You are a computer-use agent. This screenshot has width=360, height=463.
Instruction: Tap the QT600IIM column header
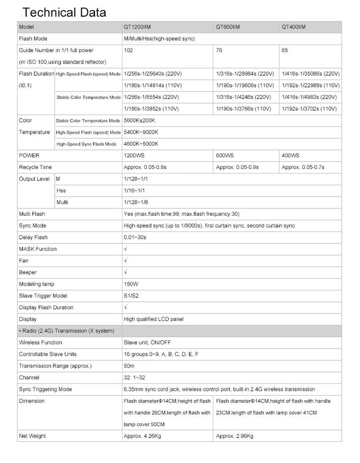(228, 27)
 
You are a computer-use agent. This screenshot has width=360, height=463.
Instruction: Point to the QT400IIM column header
(294, 27)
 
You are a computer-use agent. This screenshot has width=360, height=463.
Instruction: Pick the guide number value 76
(219, 50)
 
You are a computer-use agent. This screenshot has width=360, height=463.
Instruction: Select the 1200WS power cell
(134, 155)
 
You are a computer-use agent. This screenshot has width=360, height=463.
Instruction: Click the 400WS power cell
(290, 155)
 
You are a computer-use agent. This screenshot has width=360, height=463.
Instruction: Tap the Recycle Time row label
(35, 167)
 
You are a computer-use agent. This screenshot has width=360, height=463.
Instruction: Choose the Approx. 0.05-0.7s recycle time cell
(303, 167)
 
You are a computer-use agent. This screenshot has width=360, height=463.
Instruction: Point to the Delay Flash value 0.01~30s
(136, 237)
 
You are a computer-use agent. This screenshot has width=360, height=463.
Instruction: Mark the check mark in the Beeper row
(126, 272)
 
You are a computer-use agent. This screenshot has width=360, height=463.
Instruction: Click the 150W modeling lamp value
(131, 284)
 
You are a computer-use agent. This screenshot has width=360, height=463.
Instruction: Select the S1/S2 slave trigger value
(131, 296)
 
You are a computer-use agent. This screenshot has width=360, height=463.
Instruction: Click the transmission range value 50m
(129, 366)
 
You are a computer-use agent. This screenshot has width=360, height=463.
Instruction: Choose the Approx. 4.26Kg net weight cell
(140, 436)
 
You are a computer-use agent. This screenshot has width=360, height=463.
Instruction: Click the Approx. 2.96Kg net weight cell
(235, 436)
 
